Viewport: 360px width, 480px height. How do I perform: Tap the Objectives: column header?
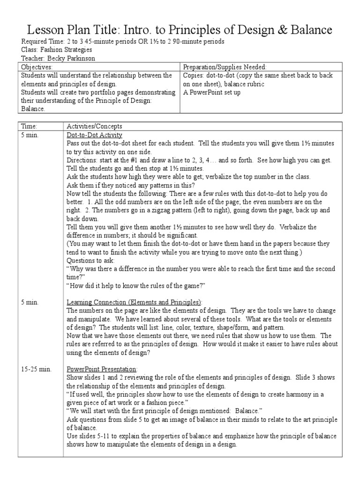click(35, 67)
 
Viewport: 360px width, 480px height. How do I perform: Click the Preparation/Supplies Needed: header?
click(225, 67)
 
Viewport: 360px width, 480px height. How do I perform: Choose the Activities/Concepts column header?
click(94, 127)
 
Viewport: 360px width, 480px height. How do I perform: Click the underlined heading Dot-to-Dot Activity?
click(94, 135)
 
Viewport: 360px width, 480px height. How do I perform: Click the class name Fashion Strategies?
click(65, 50)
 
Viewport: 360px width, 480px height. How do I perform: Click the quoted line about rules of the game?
click(136, 286)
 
